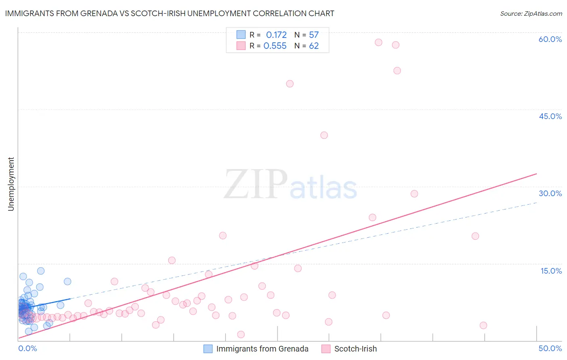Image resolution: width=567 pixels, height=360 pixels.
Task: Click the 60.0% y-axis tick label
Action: [x=550, y=39]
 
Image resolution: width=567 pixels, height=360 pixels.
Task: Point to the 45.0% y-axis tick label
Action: [x=550, y=116]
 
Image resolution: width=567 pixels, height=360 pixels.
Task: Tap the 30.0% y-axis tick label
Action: [x=550, y=193]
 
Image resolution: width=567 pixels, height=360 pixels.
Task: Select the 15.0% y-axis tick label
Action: [x=551, y=271]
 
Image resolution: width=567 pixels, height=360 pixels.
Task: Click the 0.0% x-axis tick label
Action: [x=27, y=348]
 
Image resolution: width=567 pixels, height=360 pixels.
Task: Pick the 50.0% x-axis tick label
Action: [x=550, y=348]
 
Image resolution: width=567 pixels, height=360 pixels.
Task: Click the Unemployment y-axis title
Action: [x=11, y=184]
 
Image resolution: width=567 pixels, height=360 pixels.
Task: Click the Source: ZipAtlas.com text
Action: [x=531, y=13]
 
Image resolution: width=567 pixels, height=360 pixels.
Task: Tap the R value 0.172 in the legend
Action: [x=276, y=35]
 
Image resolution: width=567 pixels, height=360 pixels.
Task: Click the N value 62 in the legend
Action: [x=314, y=46]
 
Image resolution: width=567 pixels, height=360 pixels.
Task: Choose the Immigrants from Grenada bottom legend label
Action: [x=262, y=349]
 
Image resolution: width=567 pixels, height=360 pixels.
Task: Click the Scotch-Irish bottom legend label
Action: [x=355, y=349]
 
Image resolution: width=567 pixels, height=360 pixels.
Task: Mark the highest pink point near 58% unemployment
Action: [x=378, y=42]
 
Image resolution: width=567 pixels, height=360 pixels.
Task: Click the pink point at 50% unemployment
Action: [x=290, y=84]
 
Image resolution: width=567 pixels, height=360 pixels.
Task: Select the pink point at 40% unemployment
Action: [x=324, y=135]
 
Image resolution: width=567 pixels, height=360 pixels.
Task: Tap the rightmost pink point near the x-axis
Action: [x=483, y=325]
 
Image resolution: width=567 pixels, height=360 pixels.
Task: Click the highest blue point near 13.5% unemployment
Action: [x=41, y=271]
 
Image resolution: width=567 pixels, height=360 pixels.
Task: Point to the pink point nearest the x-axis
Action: [x=241, y=334]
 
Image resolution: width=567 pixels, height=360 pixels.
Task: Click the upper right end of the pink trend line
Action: [x=536, y=174]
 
